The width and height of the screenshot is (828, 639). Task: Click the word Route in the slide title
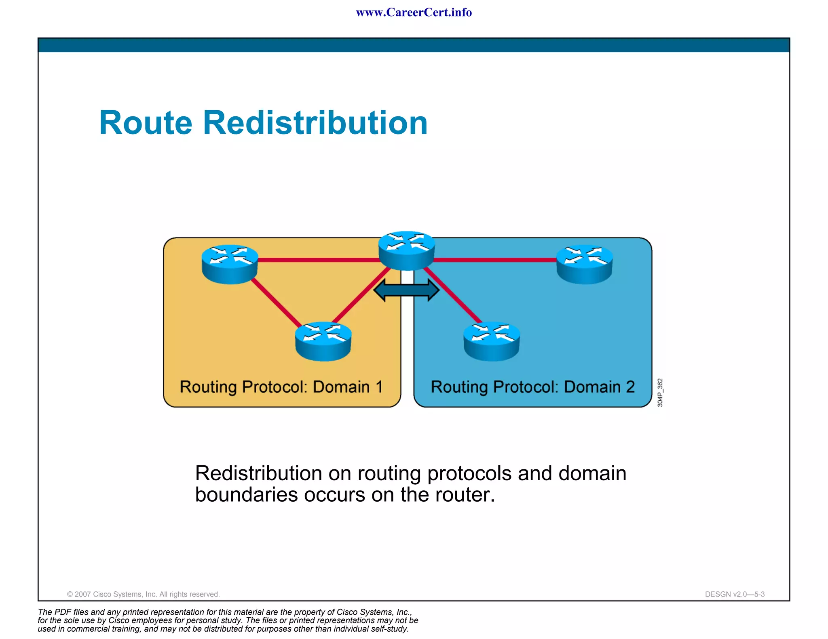point(146,123)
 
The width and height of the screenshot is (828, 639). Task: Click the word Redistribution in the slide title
point(315,123)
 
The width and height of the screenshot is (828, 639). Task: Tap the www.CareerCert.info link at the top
point(414,13)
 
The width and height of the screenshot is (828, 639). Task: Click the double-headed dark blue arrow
point(406,290)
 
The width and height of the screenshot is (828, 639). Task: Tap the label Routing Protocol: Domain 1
point(281,387)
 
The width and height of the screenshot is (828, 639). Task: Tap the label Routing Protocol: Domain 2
point(532,387)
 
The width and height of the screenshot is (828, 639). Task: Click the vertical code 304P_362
point(660,393)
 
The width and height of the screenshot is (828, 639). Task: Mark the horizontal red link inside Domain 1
point(319,260)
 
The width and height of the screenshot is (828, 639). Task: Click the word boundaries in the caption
point(246,495)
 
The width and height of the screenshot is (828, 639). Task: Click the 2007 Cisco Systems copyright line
point(143,594)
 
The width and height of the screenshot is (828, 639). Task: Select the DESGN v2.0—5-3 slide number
point(735,594)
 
